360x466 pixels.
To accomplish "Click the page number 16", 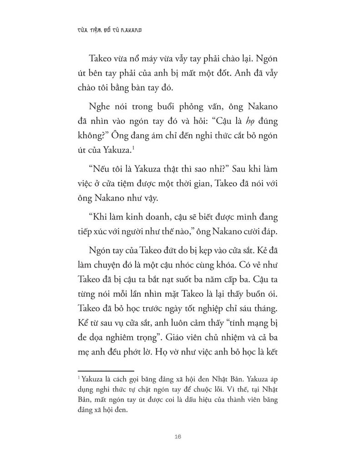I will (178, 437).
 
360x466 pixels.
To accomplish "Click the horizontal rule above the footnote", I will (106, 370).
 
